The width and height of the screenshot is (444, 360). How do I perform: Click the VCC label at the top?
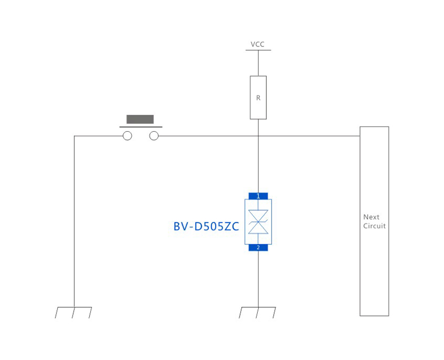[x=258, y=44]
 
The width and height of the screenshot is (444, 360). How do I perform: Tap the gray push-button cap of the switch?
[x=140, y=119]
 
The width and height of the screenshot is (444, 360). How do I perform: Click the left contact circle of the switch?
[x=127, y=136]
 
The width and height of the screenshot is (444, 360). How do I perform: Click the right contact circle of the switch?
[x=154, y=136]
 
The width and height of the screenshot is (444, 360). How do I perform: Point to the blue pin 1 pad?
[x=258, y=196]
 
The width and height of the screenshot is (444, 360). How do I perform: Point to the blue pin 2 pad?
[x=258, y=247]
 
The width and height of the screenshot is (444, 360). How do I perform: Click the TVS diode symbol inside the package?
[x=258, y=222]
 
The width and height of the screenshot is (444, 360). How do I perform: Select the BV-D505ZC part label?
[x=206, y=227]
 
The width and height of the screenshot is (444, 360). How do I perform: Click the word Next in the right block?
[x=371, y=217]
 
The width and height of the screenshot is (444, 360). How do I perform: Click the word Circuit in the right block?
[x=375, y=226]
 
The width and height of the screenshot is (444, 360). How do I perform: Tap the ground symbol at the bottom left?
[x=74, y=313]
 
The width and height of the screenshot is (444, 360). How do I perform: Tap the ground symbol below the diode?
[x=258, y=313]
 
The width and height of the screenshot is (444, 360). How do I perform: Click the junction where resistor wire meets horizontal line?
[x=258, y=136]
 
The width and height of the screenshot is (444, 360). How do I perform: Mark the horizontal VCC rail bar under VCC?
[x=258, y=51]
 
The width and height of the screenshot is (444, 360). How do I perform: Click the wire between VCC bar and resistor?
[x=258, y=63]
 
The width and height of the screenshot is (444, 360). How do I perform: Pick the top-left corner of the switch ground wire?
[x=74, y=136]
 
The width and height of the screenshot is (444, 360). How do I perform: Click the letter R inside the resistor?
[x=258, y=98]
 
